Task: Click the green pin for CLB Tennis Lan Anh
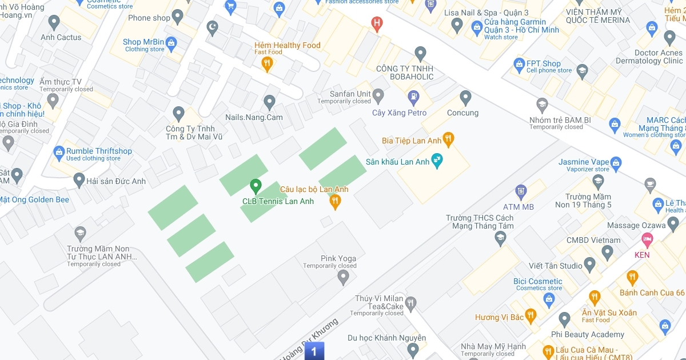point(256,186)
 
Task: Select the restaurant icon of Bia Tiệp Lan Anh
point(449,139)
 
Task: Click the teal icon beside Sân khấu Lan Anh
point(437,161)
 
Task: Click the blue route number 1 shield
point(314,351)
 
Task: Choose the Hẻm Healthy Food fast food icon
point(266,65)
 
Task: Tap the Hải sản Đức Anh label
point(115,181)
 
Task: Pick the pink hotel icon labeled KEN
point(647,238)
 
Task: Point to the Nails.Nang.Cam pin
point(270,102)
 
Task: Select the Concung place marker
point(465,98)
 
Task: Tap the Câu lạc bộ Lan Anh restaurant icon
point(335,201)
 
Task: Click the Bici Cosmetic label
point(537,281)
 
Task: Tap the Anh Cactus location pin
point(54,22)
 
